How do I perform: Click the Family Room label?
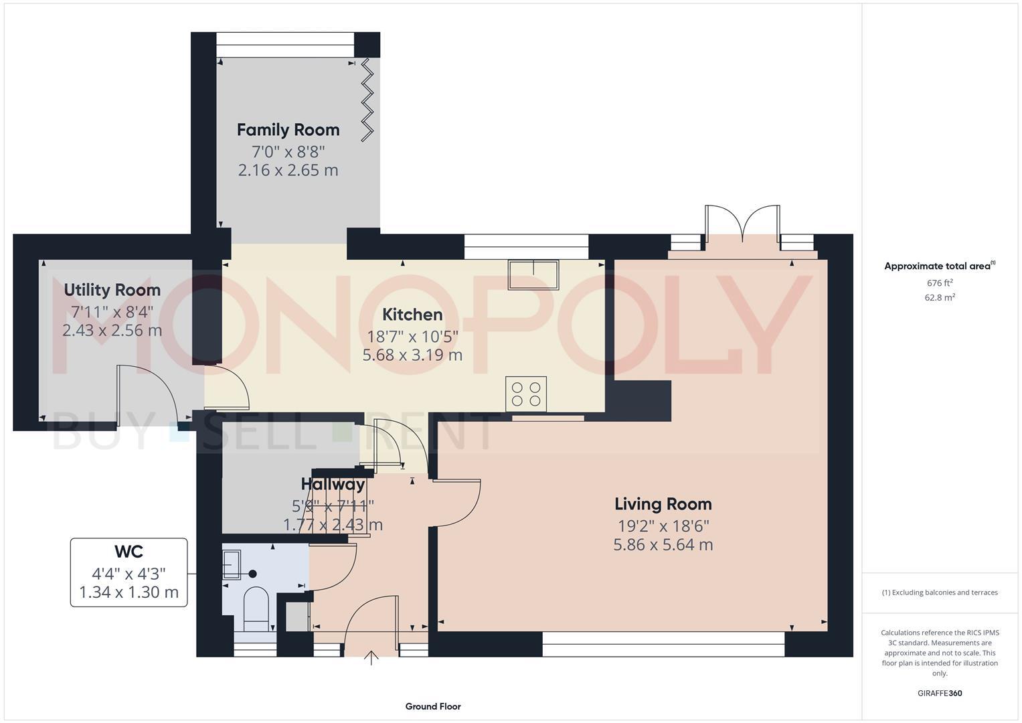(288, 130)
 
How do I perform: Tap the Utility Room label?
(112, 290)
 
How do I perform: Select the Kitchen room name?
(412, 315)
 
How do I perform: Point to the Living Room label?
(663, 504)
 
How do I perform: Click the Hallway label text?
(333, 484)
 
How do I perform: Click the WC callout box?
(129, 572)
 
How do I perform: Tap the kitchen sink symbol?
(533, 274)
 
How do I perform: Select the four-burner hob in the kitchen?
(526, 394)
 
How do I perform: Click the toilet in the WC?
(255, 606)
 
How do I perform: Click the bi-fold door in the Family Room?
(367, 100)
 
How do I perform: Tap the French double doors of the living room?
(742, 225)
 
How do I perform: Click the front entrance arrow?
(371, 658)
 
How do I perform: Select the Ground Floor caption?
(433, 706)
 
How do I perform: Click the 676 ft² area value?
(939, 283)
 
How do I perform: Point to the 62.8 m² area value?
(939, 298)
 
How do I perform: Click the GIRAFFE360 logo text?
(939, 694)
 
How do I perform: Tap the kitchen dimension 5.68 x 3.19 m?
(412, 355)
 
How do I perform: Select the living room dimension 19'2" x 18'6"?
(663, 526)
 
